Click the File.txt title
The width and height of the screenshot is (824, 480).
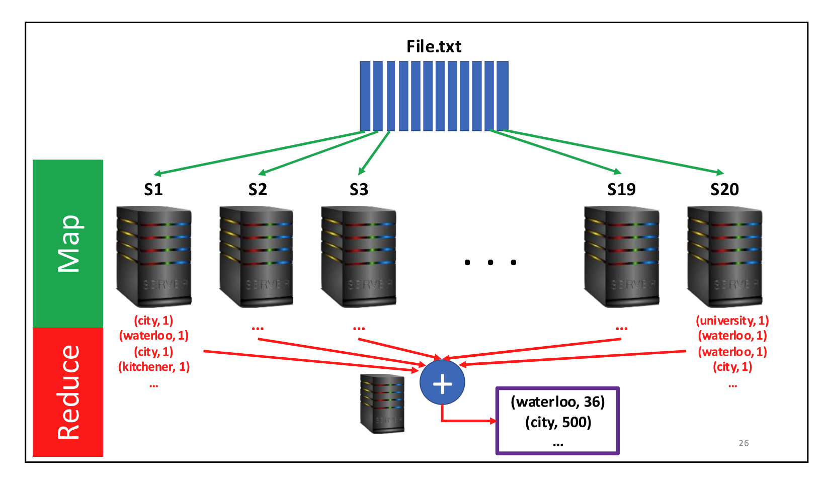click(x=434, y=47)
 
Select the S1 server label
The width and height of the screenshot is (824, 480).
click(x=153, y=190)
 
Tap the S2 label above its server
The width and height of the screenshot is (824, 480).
click(x=258, y=190)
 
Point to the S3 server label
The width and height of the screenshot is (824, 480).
click(x=359, y=190)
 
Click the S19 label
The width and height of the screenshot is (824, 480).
click(x=621, y=190)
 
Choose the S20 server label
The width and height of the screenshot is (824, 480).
click(x=724, y=190)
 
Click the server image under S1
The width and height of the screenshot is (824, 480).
click(x=153, y=256)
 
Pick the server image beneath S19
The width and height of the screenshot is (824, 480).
click(x=621, y=256)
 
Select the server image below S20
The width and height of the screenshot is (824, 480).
click(x=724, y=256)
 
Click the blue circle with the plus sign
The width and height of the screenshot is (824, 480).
click(x=442, y=383)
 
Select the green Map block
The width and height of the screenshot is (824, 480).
click(x=68, y=244)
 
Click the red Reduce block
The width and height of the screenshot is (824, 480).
click(x=68, y=392)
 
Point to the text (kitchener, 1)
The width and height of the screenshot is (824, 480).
click(x=154, y=367)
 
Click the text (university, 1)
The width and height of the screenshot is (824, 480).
click(x=732, y=321)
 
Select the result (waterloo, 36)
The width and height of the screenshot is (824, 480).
click(x=557, y=402)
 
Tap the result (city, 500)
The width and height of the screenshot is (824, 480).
click(x=558, y=422)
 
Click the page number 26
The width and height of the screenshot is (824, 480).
click(x=744, y=443)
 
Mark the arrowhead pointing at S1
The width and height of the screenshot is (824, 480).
click(x=157, y=174)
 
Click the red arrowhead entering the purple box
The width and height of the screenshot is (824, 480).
click(x=493, y=421)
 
